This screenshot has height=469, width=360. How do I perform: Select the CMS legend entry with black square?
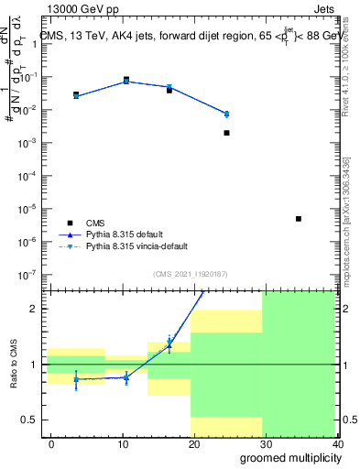[x=95, y=223]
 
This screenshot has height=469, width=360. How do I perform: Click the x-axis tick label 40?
[x=337, y=443]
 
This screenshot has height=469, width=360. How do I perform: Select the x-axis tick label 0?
[x=51, y=443]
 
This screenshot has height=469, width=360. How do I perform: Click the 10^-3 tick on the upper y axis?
[x=27, y=143]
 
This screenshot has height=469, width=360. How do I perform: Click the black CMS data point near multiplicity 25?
[x=226, y=133]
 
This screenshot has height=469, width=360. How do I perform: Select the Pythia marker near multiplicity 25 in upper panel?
[x=226, y=114]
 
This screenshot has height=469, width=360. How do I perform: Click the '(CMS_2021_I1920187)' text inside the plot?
[x=189, y=273]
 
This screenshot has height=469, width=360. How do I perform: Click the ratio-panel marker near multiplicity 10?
[x=126, y=376]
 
